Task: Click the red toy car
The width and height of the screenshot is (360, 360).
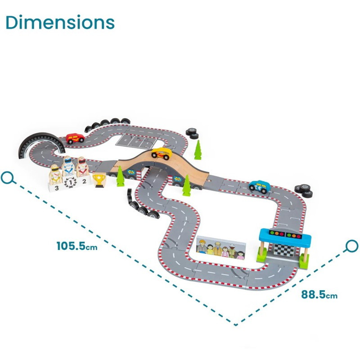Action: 75,139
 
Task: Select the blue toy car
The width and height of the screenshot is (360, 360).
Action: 260,185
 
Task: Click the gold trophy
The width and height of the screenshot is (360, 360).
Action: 99,180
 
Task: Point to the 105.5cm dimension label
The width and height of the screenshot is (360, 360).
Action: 77,246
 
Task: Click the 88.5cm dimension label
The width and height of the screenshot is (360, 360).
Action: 319,295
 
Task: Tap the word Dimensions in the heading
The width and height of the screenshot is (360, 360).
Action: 60,22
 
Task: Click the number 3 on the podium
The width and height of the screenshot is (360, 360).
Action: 57,189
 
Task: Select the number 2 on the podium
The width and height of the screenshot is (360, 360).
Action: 84,181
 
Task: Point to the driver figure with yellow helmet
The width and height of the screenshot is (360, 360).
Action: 55,175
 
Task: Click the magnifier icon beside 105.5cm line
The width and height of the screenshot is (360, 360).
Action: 8,178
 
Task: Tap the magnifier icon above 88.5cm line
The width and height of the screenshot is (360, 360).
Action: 351,246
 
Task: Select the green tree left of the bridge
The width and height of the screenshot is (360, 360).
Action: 120,176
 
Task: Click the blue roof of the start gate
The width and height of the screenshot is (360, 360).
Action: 285,234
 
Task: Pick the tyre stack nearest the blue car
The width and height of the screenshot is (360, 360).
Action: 304,191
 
